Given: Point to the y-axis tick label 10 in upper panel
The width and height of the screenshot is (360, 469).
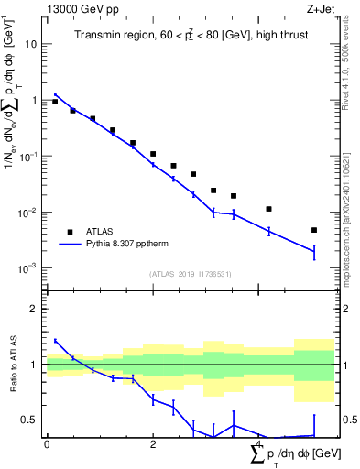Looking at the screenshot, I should point(31,43).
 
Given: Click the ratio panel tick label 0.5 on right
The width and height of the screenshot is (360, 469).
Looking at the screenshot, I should point(349,420).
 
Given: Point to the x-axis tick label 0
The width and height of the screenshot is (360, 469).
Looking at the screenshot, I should point(47,443).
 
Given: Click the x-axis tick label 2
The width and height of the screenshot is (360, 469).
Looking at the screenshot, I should point(153,443).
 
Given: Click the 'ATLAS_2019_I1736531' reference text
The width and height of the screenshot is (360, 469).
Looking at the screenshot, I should point(191,274).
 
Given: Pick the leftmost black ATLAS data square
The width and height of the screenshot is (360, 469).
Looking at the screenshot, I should point(55,102).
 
